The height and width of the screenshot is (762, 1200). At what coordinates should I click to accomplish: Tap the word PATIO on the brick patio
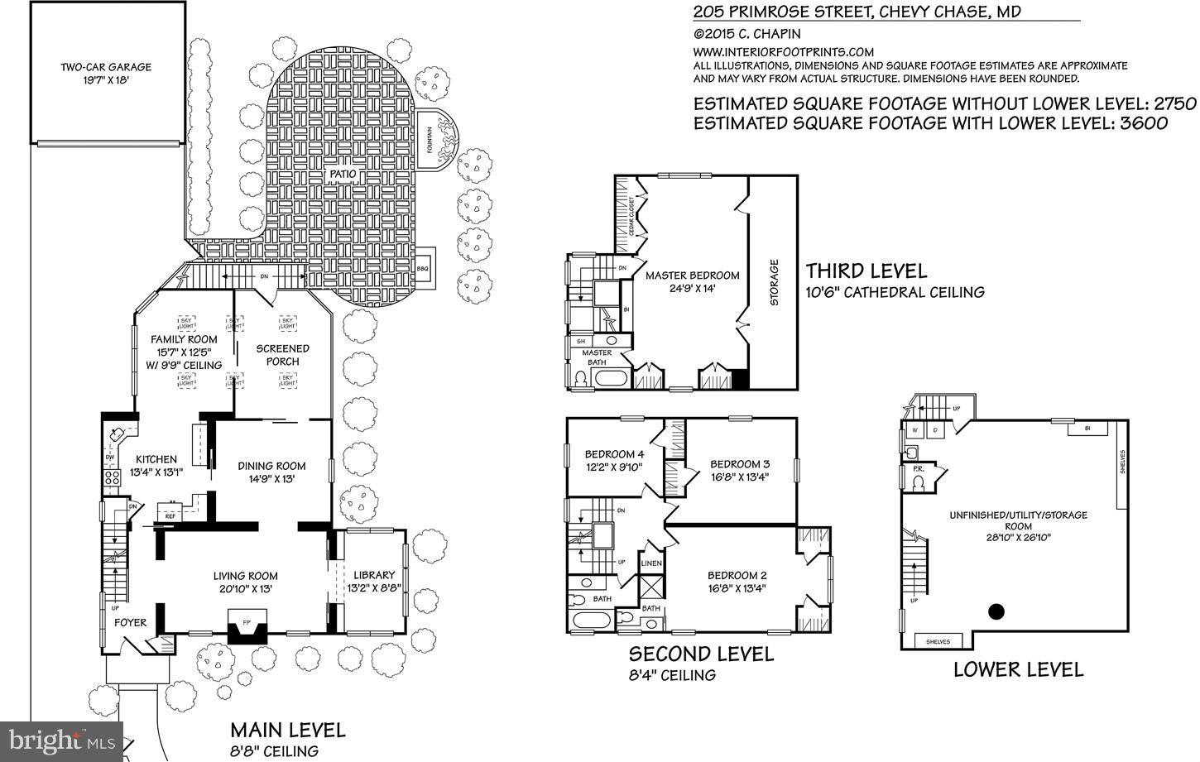[x=343, y=175]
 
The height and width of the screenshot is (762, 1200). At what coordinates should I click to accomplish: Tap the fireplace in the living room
[x=247, y=627]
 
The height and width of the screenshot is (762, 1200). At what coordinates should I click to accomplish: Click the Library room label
[x=374, y=575]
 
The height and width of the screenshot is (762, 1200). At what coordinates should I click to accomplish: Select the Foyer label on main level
[x=130, y=623]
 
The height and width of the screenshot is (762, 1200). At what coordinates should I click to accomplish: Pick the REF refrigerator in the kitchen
[x=170, y=515]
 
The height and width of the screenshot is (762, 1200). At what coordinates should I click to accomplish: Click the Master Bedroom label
[x=692, y=276]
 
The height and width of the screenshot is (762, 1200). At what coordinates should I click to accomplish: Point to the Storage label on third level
[x=775, y=283]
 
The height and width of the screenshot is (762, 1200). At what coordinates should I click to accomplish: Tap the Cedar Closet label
[x=631, y=217]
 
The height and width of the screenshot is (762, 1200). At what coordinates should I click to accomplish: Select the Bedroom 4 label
[x=614, y=454]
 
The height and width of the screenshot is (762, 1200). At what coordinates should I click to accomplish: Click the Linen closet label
[x=651, y=564]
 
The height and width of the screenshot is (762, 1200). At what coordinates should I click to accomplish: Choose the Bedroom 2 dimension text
[x=737, y=590]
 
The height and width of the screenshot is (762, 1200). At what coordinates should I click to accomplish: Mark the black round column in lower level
[x=997, y=612]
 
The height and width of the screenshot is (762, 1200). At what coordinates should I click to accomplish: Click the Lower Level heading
[x=1018, y=669]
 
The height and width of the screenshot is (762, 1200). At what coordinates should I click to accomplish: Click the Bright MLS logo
[x=61, y=739]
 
